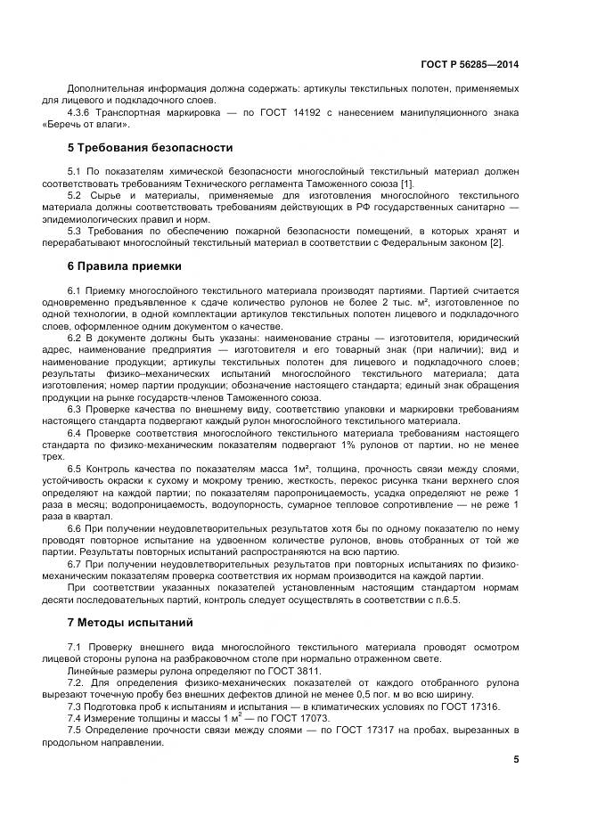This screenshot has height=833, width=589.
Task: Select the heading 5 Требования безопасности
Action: [150, 148]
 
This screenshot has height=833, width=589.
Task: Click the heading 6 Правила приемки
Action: [125, 265]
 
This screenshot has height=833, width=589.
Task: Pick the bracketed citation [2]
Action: [501, 244]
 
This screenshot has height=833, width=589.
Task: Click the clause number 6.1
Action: [74, 290]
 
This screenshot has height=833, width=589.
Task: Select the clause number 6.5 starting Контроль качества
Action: [74, 468]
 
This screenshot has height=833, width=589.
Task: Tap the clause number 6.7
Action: [74, 564]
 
